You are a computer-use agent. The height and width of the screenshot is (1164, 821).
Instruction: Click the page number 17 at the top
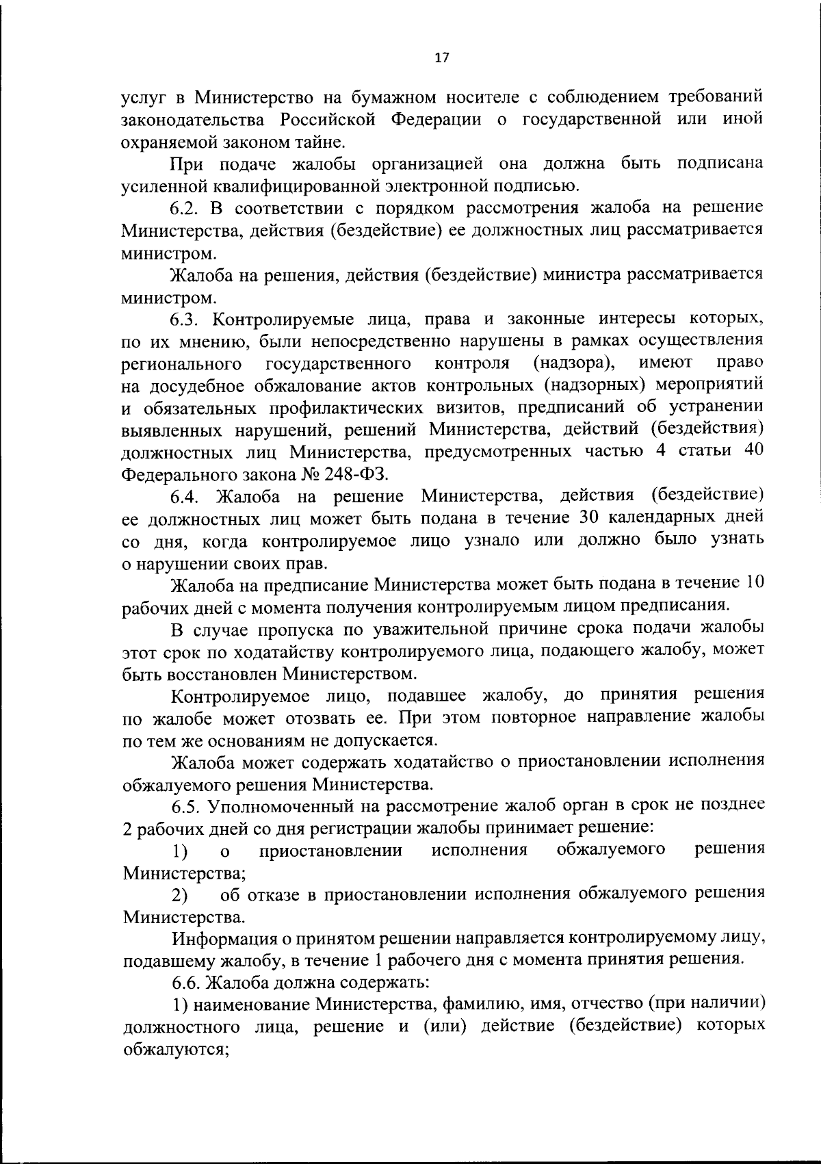[441, 58]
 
